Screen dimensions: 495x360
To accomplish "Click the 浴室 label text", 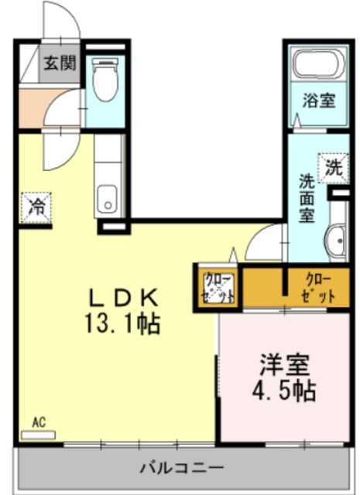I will pos(318,101).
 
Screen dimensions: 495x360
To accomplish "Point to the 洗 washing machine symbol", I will pos(333,166).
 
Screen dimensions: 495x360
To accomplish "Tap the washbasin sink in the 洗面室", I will pos(338,241).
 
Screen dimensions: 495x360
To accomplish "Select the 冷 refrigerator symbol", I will pos(36,207).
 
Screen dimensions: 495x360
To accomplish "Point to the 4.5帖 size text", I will pos(285,391).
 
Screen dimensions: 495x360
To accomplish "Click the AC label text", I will pos(38,422).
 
